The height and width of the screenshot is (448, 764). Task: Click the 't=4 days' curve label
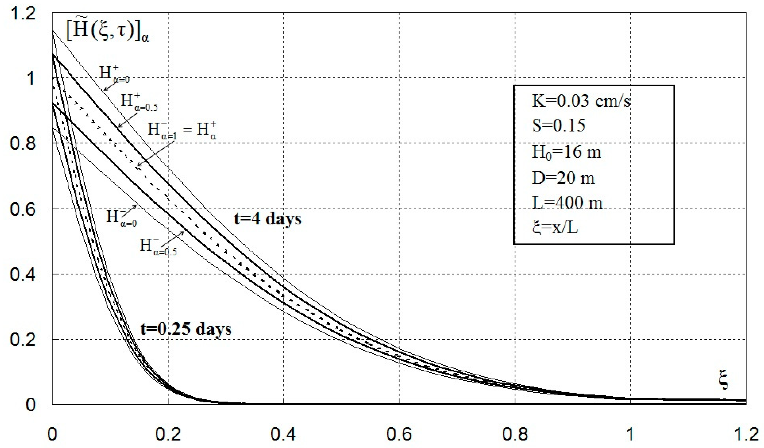pyautogui.click(x=268, y=219)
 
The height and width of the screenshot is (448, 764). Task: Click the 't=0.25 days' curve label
pyautogui.click(x=186, y=329)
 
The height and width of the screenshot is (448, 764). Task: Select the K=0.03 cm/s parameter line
pyautogui.click(x=581, y=101)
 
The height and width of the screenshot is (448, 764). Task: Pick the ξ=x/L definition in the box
pyautogui.click(x=555, y=227)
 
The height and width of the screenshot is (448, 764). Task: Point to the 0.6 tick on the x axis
pyautogui.click(x=399, y=434)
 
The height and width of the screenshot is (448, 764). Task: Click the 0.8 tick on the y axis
pyautogui.click(x=23, y=143)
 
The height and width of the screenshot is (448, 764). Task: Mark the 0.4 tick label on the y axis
pyautogui.click(x=23, y=274)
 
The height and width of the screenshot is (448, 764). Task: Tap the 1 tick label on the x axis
pyautogui.click(x=630, y=434)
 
